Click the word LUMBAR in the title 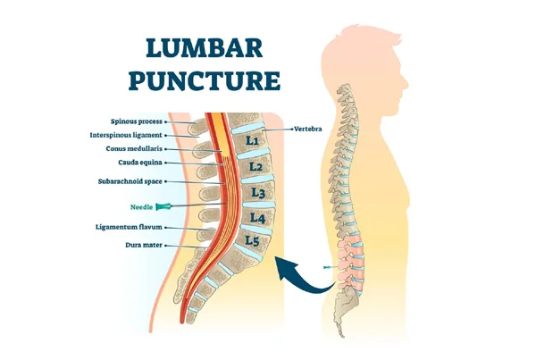[x=204, y=48]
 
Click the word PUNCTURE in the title [x=205, y=80]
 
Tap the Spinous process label [x=137, y=121]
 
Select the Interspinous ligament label [x=126, y=136]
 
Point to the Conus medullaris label [x=134, y=149]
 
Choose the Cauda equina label [x=140, y=163]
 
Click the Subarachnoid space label [x=130, y=181]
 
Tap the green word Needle [x=141, y=207]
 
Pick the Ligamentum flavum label [x=129, y=227]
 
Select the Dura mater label [x=144, y=245]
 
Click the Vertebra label [x=308, y=130]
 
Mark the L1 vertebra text [x=252, y=140]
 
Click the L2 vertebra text [x=255, y=167]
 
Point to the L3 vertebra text [x=258, y=193]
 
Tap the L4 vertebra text [x=257, y=218]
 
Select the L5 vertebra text [x=252, y=241]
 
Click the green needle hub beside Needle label [x=163, y=206]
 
